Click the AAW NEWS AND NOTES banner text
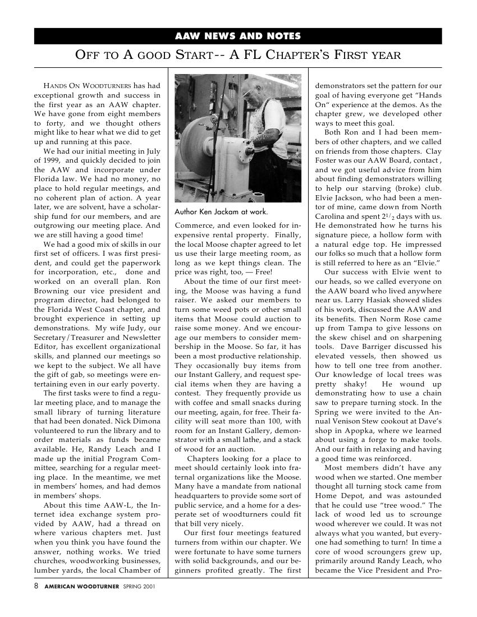[238, 36]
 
